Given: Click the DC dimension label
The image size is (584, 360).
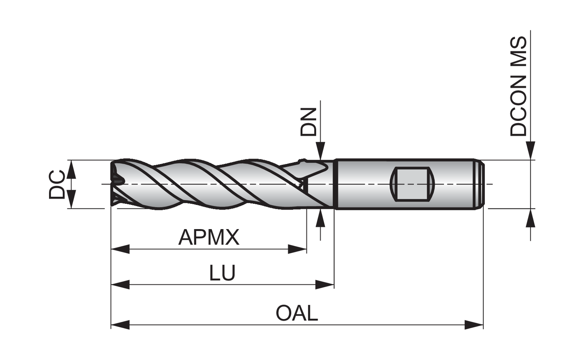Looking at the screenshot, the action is click(x=56, y=184).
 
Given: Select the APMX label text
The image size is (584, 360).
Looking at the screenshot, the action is click(x=209, y=237).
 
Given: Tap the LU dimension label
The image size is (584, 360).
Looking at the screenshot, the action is click(x=222, y=273).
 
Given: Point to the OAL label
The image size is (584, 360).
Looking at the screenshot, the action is click(x=297, y=313).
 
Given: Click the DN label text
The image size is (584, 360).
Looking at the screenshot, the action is click(x=308, y=122).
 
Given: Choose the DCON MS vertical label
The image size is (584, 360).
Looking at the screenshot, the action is click(x=518, y=86).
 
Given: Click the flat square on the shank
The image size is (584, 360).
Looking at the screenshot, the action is click(x=412, y=184).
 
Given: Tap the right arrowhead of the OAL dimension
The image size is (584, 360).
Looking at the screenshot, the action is click(x=474, y=325).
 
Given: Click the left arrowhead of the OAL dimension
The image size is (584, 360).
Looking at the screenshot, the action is click(x=120, y=325).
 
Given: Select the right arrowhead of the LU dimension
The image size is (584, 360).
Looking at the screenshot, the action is click(x=325, y=284).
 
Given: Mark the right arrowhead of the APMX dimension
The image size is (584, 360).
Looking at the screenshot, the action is click(x=297, y=249).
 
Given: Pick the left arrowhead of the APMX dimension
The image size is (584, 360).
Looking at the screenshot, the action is click(x=120, y=249).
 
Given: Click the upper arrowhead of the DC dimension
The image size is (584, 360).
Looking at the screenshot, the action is click(x=71, y=169).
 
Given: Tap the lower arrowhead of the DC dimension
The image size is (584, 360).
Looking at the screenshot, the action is click(x=71, y=199).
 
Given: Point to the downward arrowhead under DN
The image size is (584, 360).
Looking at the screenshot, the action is click(x=320, y=151).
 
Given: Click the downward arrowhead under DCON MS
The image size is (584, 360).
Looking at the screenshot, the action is click(x=531, y=151).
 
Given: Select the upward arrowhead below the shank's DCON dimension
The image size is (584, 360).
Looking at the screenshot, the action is click(x=531, y=218).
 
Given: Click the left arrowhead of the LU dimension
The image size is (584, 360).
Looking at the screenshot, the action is click(x=120, y=284).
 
